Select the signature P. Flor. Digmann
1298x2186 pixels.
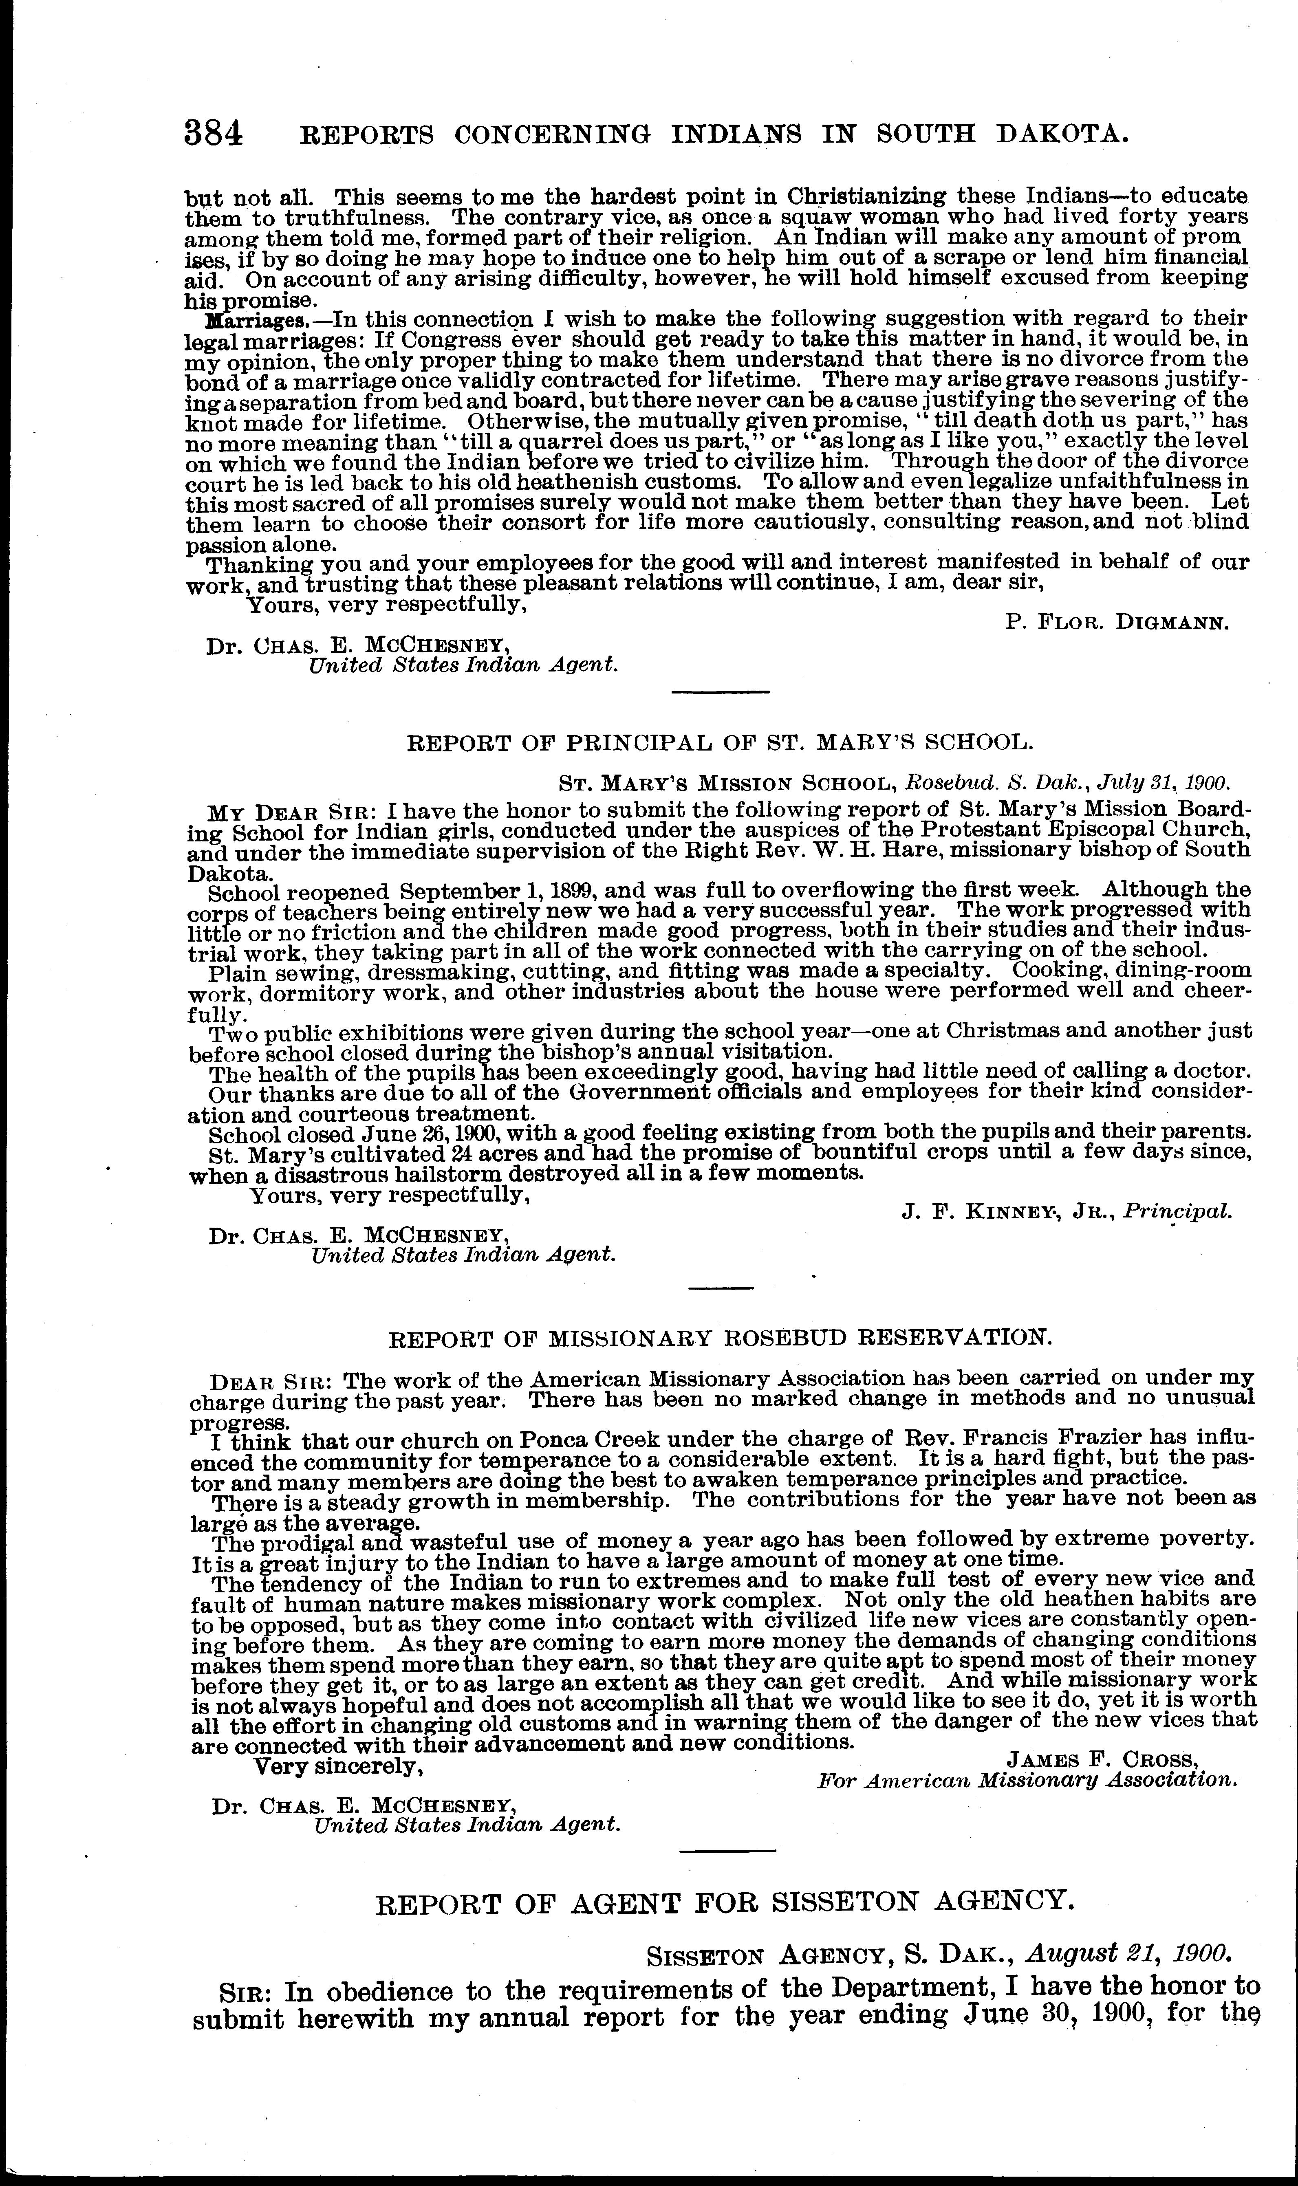[x=1117, y=623]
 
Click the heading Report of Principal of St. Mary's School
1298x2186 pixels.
[x=721, y=743]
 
